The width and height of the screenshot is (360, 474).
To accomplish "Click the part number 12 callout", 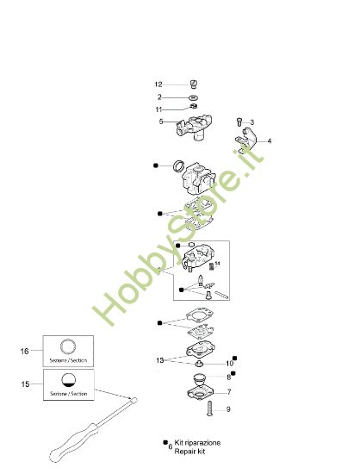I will pos(158,84).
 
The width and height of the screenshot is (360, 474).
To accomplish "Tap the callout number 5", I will pos(160,122).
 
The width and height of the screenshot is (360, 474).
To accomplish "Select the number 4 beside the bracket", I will pos(269,141).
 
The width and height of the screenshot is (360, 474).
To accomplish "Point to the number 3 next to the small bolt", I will pos(251,122).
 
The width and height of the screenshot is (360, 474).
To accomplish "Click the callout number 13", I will pos(159,359).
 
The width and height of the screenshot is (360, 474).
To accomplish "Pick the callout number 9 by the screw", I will pos(229,409).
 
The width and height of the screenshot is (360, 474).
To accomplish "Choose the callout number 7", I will pos(229,392).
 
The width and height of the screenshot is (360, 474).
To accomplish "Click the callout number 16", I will pos(25,352).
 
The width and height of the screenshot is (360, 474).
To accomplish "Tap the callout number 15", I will pos(25,381).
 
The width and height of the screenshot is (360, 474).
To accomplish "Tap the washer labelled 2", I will pos(194,97).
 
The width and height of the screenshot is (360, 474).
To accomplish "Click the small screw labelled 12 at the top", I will pos(194,84).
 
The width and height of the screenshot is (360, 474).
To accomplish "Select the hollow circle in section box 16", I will pos(68,347).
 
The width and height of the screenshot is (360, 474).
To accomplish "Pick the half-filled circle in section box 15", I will pos(68,380).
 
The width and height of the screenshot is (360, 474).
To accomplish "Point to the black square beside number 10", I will pos(235,358).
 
